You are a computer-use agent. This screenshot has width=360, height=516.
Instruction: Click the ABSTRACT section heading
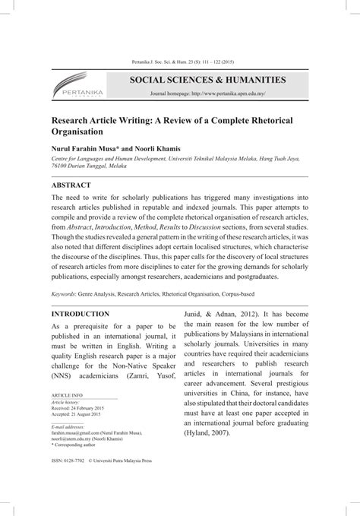click(x=71, y=185)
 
